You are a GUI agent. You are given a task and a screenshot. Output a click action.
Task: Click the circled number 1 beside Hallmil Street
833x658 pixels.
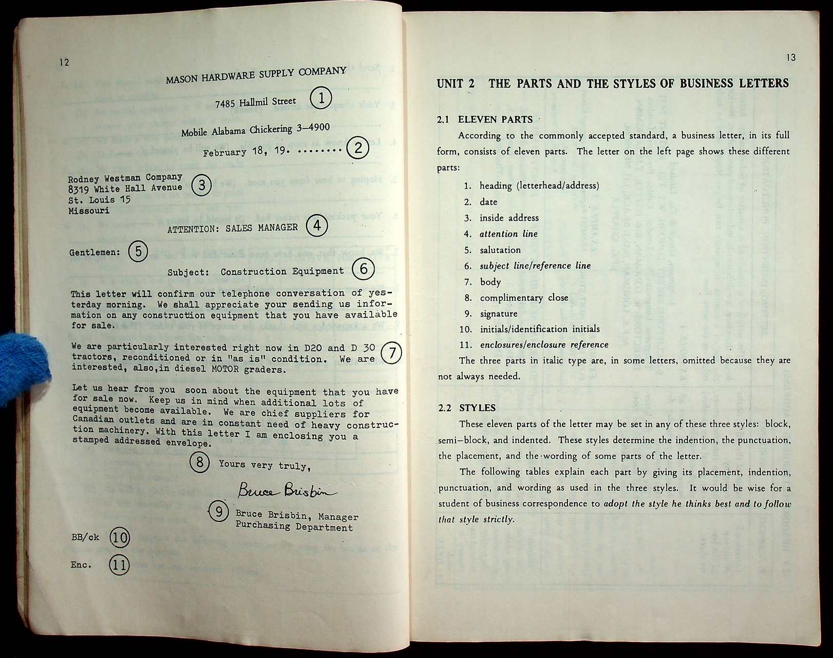pyautogui.click(x=321, y=98)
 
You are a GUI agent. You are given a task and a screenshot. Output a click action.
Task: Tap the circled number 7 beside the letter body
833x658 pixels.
pyautogui.click(x=392, y=353)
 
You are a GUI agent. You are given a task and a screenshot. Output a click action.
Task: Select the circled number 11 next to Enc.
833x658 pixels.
pyautogui.click(x=119, y=565)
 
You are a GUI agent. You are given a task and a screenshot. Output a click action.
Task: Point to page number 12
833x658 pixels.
pyautogui.click(x=64, y=63)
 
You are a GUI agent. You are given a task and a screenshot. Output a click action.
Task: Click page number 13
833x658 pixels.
pyautogui.click(x=790, y=58)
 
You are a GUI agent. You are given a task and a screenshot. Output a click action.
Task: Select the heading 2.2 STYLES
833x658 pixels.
pyautogui.click(x=467, y=408)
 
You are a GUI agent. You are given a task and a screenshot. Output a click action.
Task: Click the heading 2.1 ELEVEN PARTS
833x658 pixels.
pyautogui.click(x=485, y=120)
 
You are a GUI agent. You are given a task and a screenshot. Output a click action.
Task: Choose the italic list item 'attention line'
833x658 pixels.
pyautogui.click(x=508, y=234)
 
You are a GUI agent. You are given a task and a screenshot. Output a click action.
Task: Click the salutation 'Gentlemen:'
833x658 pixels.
pyautogui.click(x=94, y=252)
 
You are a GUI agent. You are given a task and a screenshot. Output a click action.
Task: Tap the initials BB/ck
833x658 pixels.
pyautogui.click(x=85, y=537)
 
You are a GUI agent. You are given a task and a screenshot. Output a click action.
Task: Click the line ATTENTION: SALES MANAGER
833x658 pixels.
pyautogui.click(x=232, y=228)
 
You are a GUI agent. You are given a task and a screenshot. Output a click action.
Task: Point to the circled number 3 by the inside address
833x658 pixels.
pyautogui.click(x=201, y=185)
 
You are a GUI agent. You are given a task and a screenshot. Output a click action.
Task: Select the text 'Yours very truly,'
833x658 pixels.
pyautogui.click(x=264, y=465)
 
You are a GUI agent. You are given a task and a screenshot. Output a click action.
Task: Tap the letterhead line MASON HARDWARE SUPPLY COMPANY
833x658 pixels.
pyautogui.click(x=256, y=75)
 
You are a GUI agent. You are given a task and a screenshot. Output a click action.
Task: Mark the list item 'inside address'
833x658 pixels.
pyautogui.click(x=509, y=218)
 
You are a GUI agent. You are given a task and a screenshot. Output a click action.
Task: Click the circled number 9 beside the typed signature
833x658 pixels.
pyautogui.click(x=219, y=511)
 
